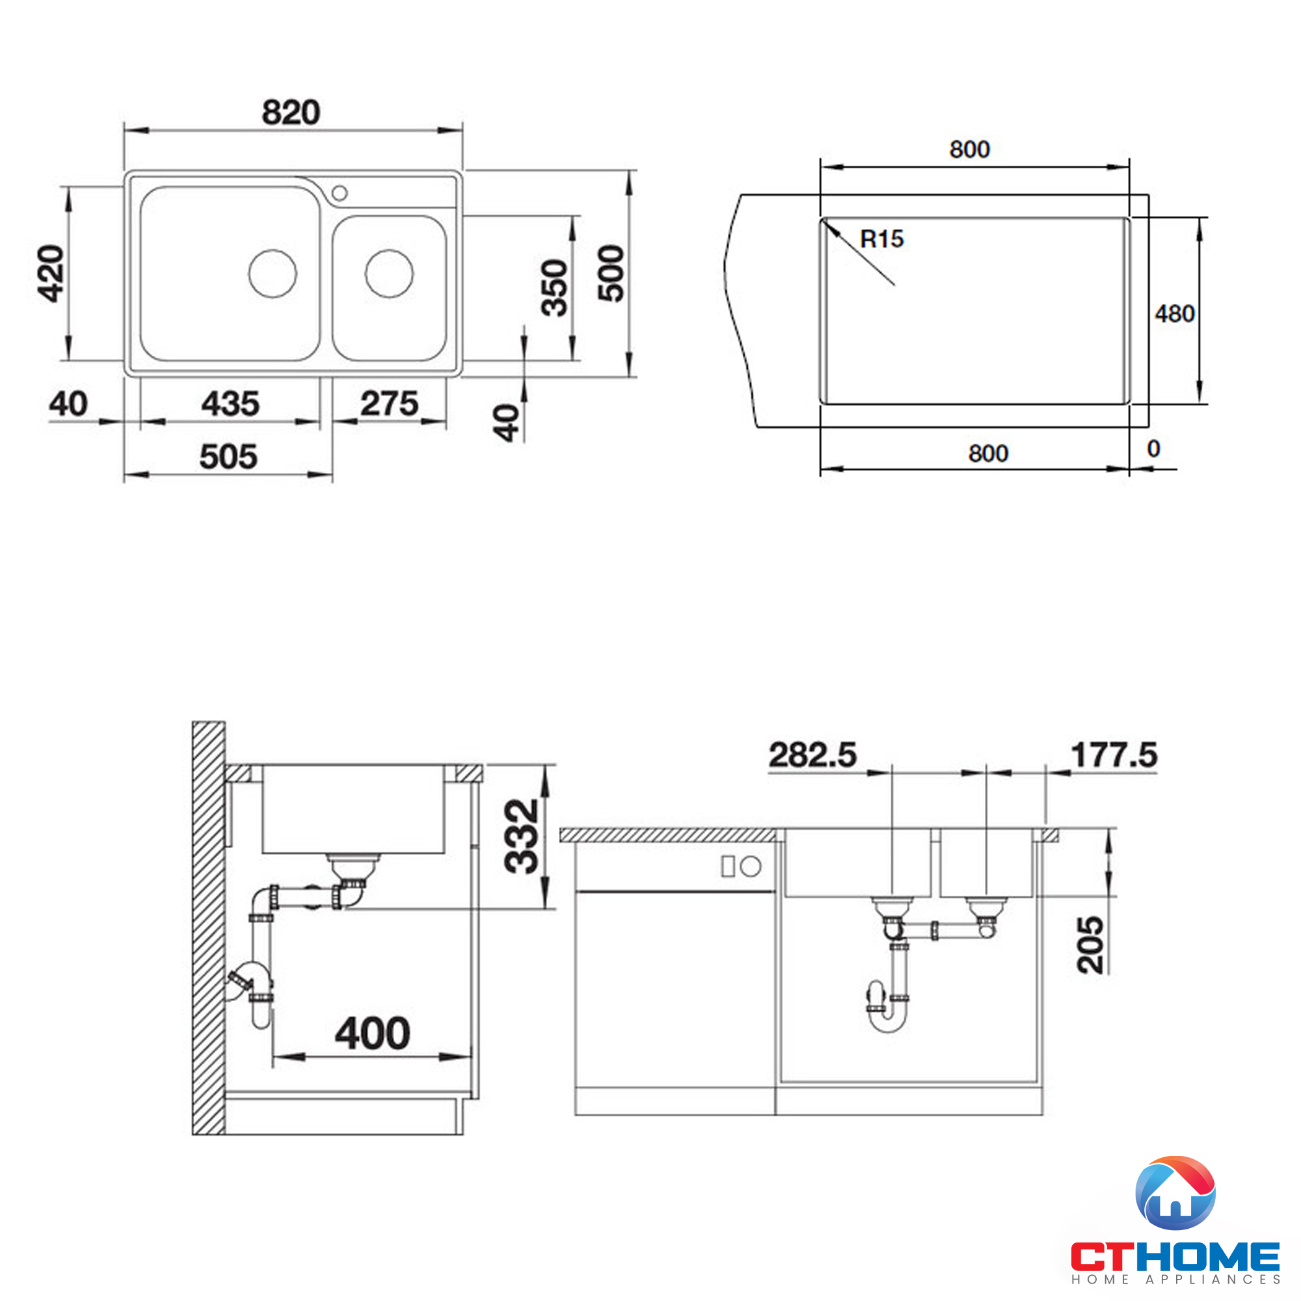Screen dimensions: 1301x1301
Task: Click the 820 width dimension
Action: (x=290, y=113)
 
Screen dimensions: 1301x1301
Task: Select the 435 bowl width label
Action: (x=230, y=404)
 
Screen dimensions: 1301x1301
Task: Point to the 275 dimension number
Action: (x=389, y=404)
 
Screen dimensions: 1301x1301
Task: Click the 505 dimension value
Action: (x=228, y=457)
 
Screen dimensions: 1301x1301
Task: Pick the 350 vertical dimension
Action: (x=556, y=288)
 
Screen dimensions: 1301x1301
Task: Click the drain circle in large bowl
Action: (x=273, y=273)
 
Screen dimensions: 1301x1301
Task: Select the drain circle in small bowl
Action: (x=389, y=273)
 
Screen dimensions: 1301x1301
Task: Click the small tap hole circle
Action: (x=340, y=193)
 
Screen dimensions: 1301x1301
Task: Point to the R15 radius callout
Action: (x=881, y=239)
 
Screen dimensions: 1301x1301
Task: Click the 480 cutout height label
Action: (x=1174, y=314)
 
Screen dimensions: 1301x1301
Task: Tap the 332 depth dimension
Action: (x=522, y=837)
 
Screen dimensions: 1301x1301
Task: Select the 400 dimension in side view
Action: (x=372, y=1034)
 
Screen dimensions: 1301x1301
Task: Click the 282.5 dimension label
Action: (x=812, y=755)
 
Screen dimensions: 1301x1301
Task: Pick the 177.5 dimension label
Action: (x=1114, y=755)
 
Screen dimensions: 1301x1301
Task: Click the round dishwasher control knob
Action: (x=751, y=866)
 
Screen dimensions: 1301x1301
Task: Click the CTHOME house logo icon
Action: (x=1175, y=1193)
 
